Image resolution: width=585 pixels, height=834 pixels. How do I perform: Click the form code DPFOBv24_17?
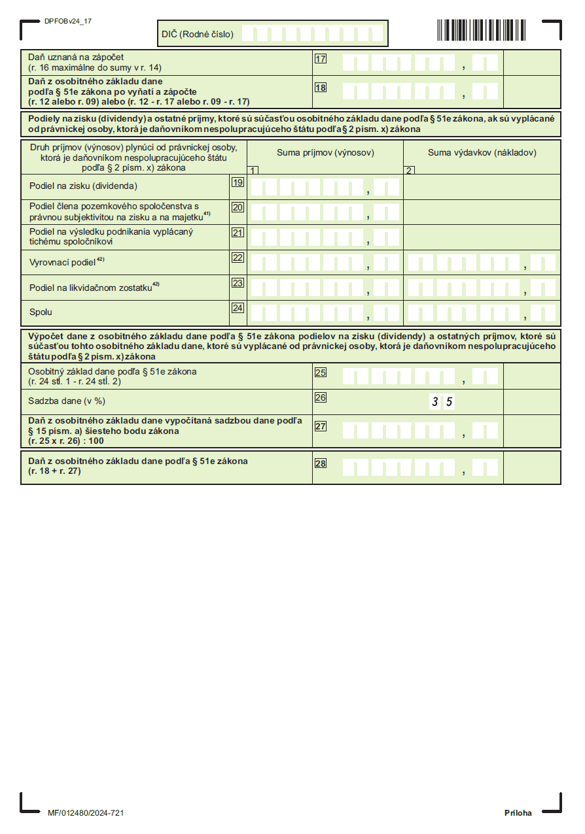click(x=68, y=21)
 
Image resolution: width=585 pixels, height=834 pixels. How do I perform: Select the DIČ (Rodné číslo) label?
click(x=197, y=34)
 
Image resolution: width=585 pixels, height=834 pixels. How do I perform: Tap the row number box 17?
click(x=321, y=59)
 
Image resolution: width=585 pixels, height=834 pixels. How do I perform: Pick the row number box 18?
click(x=321, y=88)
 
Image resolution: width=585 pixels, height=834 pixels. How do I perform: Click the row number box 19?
click(x=238, y=182)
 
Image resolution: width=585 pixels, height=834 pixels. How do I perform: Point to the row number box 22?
click(x=238, y=258)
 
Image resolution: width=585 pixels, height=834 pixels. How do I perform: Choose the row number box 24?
click(x=238, y=307)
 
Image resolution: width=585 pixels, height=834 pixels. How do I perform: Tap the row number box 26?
click(x=321, y=397)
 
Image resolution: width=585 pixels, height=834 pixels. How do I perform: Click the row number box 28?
click(x=321, y=463)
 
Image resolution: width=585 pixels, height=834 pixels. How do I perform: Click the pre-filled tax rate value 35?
click(x=442, y=402)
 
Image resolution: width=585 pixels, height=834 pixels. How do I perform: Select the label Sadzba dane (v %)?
click(x=67, y=401)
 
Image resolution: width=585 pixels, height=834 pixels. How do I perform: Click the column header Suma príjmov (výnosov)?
click(x=325, y=153)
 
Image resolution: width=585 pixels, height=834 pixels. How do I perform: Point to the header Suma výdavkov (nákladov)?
click(x=482, y=153)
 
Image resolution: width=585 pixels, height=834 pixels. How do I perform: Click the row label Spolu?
click(x=41, y=312)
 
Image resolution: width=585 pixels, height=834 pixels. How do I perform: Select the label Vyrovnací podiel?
click(x=63, y=262)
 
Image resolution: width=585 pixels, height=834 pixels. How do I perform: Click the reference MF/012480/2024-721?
click(x=86, y=813)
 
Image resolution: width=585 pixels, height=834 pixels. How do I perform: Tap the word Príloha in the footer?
click(x=518, y=813)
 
